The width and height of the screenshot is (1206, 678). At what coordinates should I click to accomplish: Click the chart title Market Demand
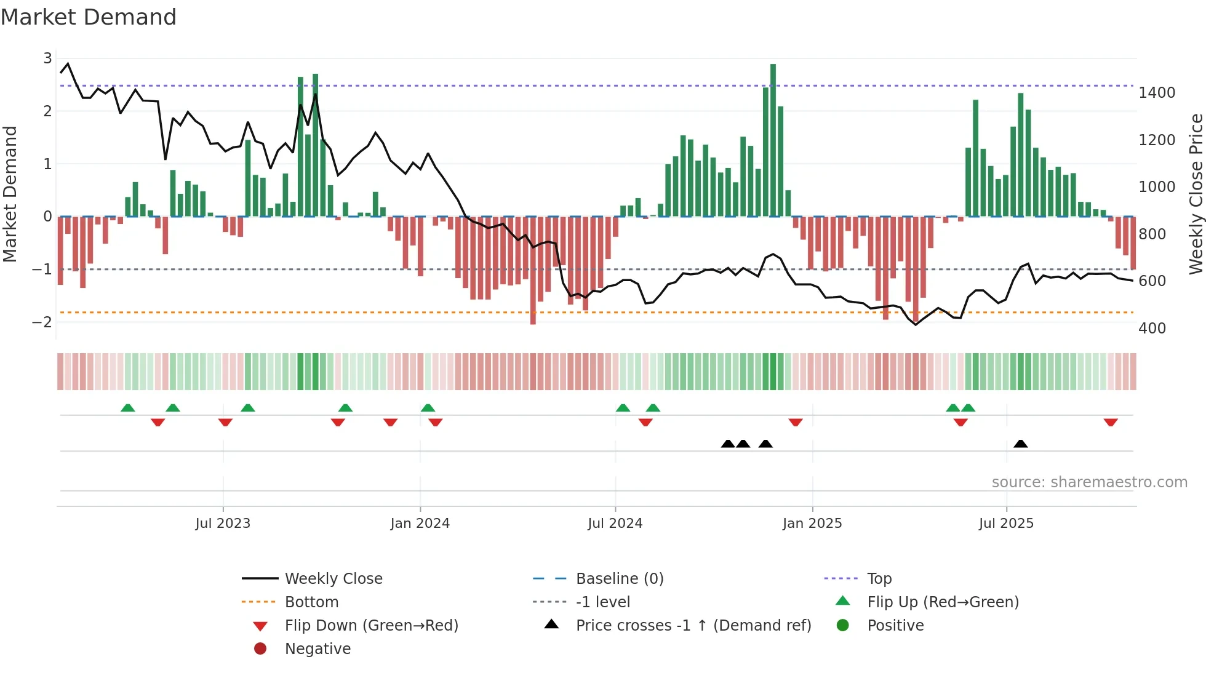[x=89, y=17]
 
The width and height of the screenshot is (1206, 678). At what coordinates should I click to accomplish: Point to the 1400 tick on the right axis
[x=1156, y=93]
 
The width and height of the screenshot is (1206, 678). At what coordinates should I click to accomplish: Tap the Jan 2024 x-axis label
[x=420, y=524]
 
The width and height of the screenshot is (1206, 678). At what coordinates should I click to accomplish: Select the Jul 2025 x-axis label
[x=1006, y=524]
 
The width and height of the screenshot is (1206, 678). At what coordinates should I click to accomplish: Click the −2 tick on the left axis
[x=42, y=322]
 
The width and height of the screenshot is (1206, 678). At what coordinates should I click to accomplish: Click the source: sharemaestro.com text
[x=1089, y=482]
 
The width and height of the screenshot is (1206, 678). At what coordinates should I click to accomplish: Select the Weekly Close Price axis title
[x=1196, y=194]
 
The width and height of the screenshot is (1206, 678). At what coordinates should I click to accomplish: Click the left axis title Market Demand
[x=10, y=194]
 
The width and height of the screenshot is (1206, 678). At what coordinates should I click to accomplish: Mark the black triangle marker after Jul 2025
[x=1020, y=444]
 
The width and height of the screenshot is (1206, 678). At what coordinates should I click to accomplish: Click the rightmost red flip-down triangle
[x=1111, y=423]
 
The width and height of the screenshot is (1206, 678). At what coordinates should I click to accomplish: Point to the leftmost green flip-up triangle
[x=127, y=408]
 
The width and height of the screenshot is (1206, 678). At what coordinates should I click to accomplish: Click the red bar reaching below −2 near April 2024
[x=533, y=271]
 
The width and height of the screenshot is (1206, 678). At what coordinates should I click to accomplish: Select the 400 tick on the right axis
[x=1152, y=329]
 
